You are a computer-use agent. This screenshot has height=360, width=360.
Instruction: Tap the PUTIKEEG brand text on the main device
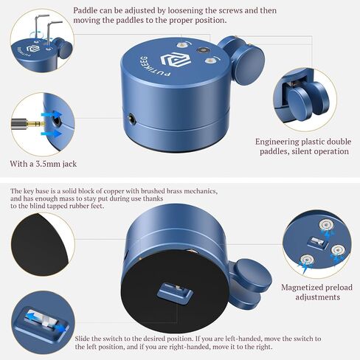click(153, 66)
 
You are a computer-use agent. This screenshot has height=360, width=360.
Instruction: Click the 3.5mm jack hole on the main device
click(132, 118)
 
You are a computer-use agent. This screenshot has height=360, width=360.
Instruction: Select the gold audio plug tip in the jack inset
click(36, 124)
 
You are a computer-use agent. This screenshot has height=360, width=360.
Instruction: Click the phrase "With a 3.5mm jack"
click(44, 164)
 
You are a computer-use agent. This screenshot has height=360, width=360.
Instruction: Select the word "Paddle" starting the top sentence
click(86, 10)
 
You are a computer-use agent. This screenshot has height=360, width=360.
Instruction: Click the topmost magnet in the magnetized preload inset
click(326, 225)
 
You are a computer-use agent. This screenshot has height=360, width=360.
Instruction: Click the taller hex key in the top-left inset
click(39, 27)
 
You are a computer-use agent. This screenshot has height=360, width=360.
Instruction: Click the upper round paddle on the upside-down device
click(254, 274)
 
